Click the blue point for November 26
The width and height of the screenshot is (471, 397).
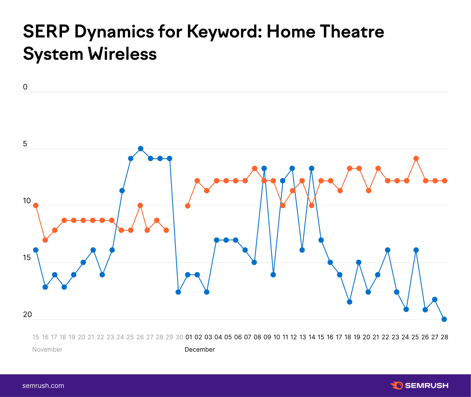click(x=141, y=149)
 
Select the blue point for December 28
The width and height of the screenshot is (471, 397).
click(x=444, y=319)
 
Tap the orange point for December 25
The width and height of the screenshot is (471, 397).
click(x=416, y=159)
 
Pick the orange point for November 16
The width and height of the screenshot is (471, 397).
click(x=45, y=240)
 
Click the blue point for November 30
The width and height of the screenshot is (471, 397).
click(x=178, y=292)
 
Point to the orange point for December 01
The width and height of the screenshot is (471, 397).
click(x=188, y=206)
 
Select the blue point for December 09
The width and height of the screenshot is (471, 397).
click(x=264, y=168)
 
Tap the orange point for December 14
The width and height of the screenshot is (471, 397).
click(x=312, y=205)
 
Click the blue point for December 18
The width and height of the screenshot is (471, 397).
click(x=350, y=302)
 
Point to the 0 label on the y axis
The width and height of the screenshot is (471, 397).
click(x=25, y=87)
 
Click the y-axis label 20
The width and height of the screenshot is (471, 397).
click(x=27, y=315)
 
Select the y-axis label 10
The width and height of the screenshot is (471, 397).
click(x=27, y=201)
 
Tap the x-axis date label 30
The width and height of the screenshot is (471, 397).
click(x=179, y=337)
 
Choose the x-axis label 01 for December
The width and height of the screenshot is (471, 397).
click(x=189, y=337)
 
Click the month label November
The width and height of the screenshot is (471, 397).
click(x=47, y=350)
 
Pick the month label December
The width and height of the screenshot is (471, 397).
click(x=200, y=350)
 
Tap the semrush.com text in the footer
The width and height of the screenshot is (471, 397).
click(x=43, y=386)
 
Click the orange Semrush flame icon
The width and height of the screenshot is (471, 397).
click(x=397, y=386)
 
